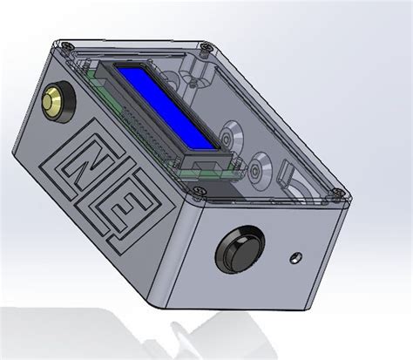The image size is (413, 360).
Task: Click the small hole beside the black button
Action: pos(296,257)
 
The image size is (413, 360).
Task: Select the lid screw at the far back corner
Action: pos(204,45)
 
